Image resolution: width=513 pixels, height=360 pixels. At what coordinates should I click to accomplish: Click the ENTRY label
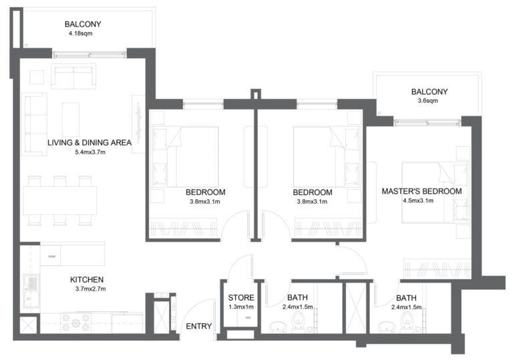(x=198, y=326)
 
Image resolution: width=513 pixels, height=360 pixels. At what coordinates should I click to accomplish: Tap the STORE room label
(x=240, y=297)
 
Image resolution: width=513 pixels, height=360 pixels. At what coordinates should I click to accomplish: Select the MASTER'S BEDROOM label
(x=421, y=191)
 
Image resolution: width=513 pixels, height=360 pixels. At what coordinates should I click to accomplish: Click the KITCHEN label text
(x=87, y=279)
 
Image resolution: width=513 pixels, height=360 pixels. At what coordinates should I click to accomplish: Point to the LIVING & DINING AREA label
(x=89, y=142)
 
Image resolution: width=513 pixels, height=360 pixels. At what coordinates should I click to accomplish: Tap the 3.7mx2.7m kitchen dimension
(x=87, y=289)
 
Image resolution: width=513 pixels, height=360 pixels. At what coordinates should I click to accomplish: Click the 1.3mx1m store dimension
(x=240, y=307)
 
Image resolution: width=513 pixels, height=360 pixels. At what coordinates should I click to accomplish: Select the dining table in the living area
(x=60, y=200)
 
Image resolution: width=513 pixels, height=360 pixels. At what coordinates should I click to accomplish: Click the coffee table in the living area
(x=71, y=118)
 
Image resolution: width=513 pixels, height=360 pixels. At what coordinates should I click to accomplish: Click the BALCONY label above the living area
(x=83, y=24)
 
